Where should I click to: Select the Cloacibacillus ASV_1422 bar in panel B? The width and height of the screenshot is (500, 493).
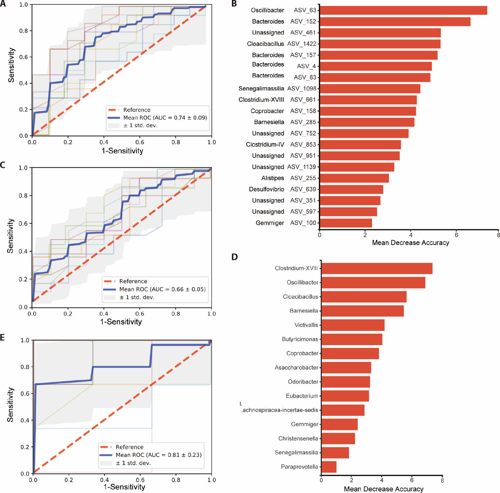click(x=380, y=44)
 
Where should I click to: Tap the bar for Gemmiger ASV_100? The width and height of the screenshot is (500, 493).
click(x=346, y=223)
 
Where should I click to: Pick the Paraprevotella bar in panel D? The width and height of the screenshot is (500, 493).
click(x=329, y=467)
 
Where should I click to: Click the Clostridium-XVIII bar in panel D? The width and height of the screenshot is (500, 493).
click(x=377, y=269)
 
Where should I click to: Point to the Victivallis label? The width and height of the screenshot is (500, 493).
click(x=306, y=325)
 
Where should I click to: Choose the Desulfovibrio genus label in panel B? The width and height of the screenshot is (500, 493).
click(x=266, y=189)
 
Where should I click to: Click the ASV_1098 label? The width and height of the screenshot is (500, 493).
click(x=302, y=89)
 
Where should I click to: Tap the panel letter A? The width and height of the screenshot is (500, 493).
click(x=3, y=4)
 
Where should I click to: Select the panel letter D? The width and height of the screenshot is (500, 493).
click(x=235, y=257)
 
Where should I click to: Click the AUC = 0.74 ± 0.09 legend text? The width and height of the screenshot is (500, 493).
click(x=165, y=118)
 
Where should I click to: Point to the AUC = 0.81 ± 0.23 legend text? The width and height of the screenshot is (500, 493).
click(x=158, y=455)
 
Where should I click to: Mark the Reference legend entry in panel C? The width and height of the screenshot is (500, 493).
click(x=133, y=281)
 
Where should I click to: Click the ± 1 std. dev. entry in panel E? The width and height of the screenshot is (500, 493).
click(x=133, y=463)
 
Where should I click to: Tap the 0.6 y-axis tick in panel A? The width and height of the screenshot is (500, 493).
click(x=23, y=57)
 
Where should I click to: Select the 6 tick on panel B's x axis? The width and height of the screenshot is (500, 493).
click(x=456, y=235)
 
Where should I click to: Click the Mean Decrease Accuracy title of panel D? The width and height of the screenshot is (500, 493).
click(x=383, y=489)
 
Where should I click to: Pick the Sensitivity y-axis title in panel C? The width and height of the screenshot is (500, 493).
click(x=10, y=236)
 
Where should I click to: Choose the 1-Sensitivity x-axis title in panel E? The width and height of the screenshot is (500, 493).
click(x=124, y=487)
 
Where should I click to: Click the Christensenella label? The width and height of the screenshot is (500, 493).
click(x=298, y=439)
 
